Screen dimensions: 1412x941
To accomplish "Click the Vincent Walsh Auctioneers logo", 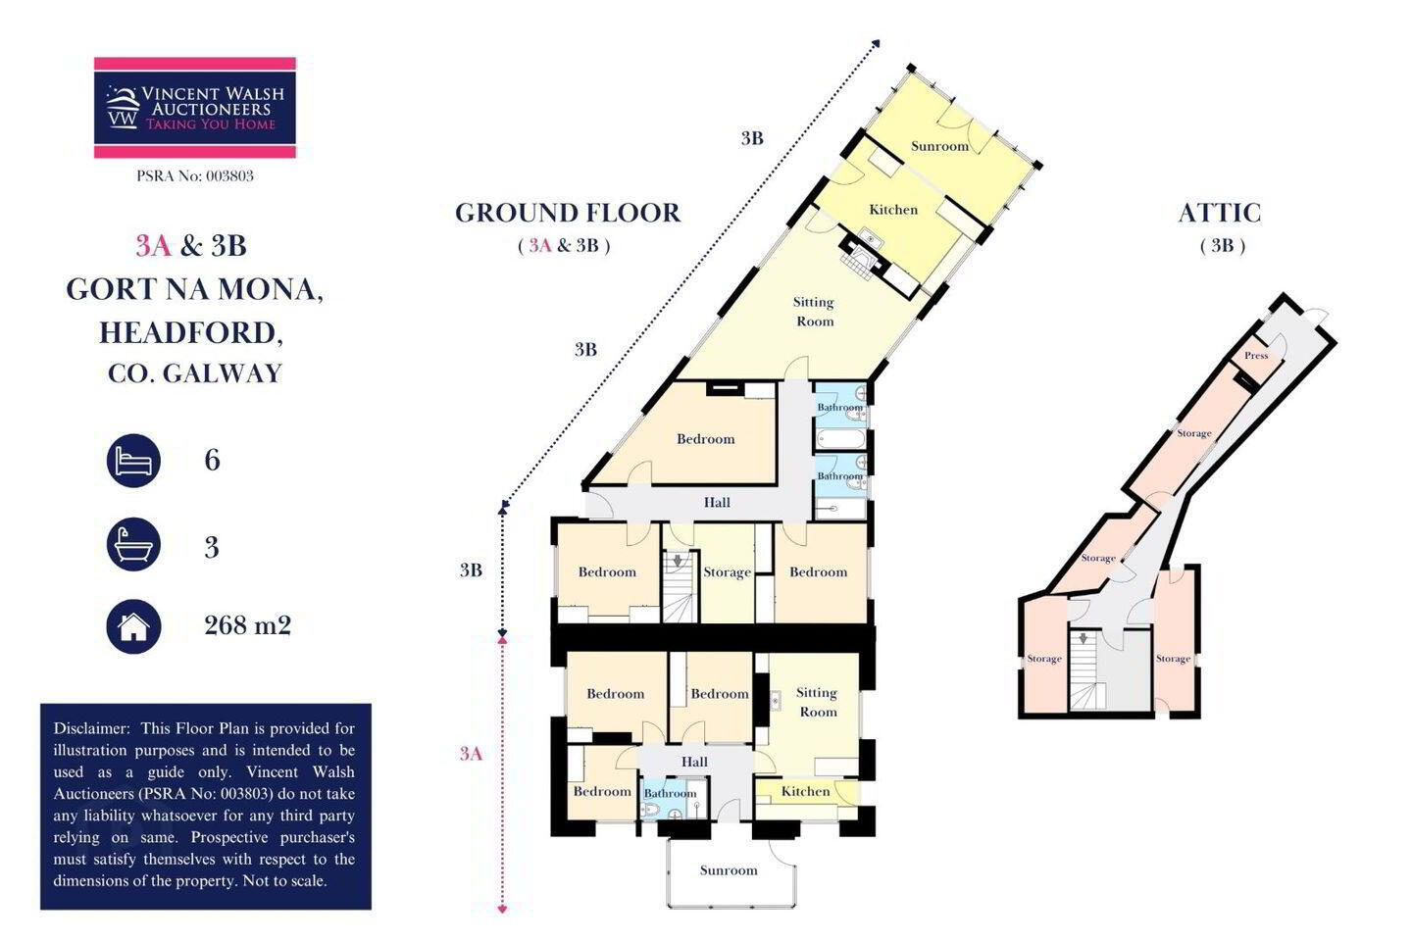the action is pos(195,107).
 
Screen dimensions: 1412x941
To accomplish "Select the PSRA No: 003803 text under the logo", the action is pos(195,175).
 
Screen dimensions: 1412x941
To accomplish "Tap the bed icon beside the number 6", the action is pos(133,461).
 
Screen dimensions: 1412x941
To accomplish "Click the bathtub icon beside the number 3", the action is pos(133,545).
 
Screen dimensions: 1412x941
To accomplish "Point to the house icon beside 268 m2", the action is pos(133,626).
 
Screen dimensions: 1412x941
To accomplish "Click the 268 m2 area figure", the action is pos(248,625).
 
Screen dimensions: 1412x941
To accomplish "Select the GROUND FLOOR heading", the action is pos(568,213).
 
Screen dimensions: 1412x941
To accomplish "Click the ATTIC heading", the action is pos(1220,213).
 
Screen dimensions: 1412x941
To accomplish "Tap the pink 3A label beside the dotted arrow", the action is pos(471,754).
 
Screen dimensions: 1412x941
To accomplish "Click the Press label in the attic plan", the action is pos(1256,356).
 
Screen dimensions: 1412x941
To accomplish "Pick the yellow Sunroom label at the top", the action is pos(939,146).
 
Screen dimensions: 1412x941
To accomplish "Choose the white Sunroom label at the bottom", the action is pos(729,870).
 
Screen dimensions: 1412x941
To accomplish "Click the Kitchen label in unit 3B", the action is pos(893,210).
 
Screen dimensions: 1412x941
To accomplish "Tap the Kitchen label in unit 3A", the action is pos(806,792).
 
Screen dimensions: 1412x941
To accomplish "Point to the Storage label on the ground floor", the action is pos(728,572).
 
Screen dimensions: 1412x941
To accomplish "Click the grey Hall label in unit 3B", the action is pos(718,502).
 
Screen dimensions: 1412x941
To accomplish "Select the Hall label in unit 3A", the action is pos(694,762).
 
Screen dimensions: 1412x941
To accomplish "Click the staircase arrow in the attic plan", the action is pos(1083,638).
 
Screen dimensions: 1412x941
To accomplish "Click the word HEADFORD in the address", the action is pos(191,333).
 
